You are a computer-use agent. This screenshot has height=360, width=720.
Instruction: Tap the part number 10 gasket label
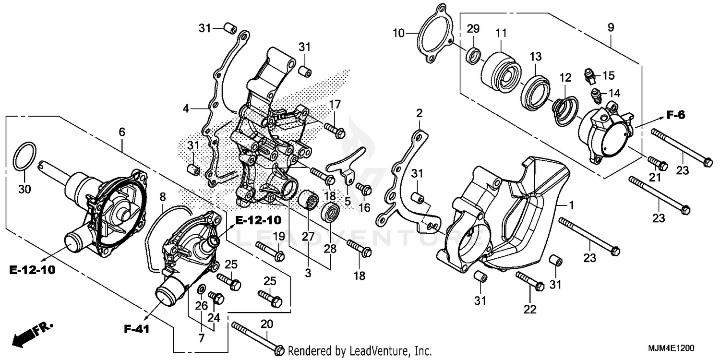click(x=398, y=33)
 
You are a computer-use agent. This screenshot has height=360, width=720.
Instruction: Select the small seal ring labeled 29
click(x=473, y=55)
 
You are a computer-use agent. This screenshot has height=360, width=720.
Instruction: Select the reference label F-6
click(x=675, y=115)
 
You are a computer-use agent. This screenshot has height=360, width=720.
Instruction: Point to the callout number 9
click(x=611, y=28)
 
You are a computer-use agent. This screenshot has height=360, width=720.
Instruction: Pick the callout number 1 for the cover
click(x=571, y=205)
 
